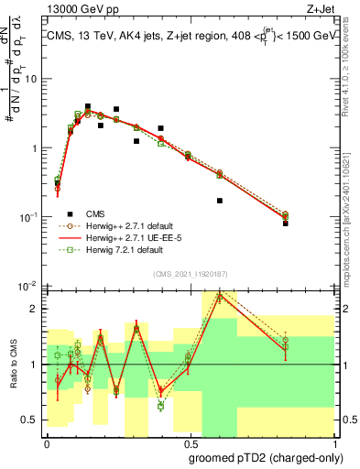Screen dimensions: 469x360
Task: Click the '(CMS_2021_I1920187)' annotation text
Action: [x=189, y=273]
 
